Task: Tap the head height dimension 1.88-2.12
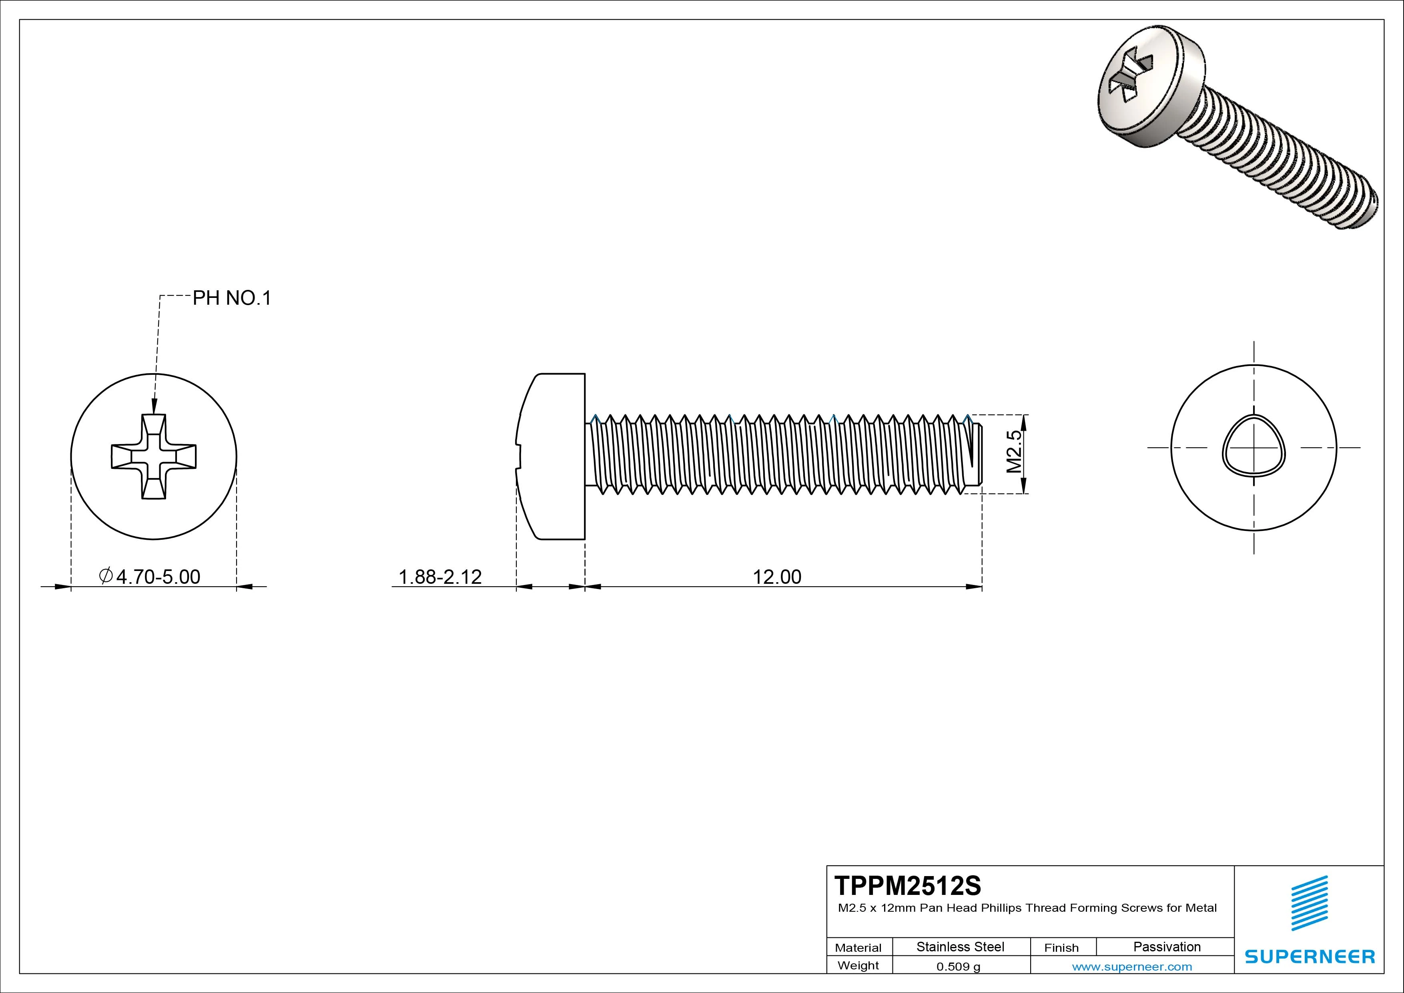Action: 440,576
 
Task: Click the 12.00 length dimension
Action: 776,576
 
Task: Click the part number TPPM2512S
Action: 907,885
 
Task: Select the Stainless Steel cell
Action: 960,947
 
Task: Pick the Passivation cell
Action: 1167,947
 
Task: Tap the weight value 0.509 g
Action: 958,967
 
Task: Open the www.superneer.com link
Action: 1132,967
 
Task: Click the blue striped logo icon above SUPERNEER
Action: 1309,903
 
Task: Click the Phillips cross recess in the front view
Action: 153,456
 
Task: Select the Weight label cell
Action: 858,965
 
